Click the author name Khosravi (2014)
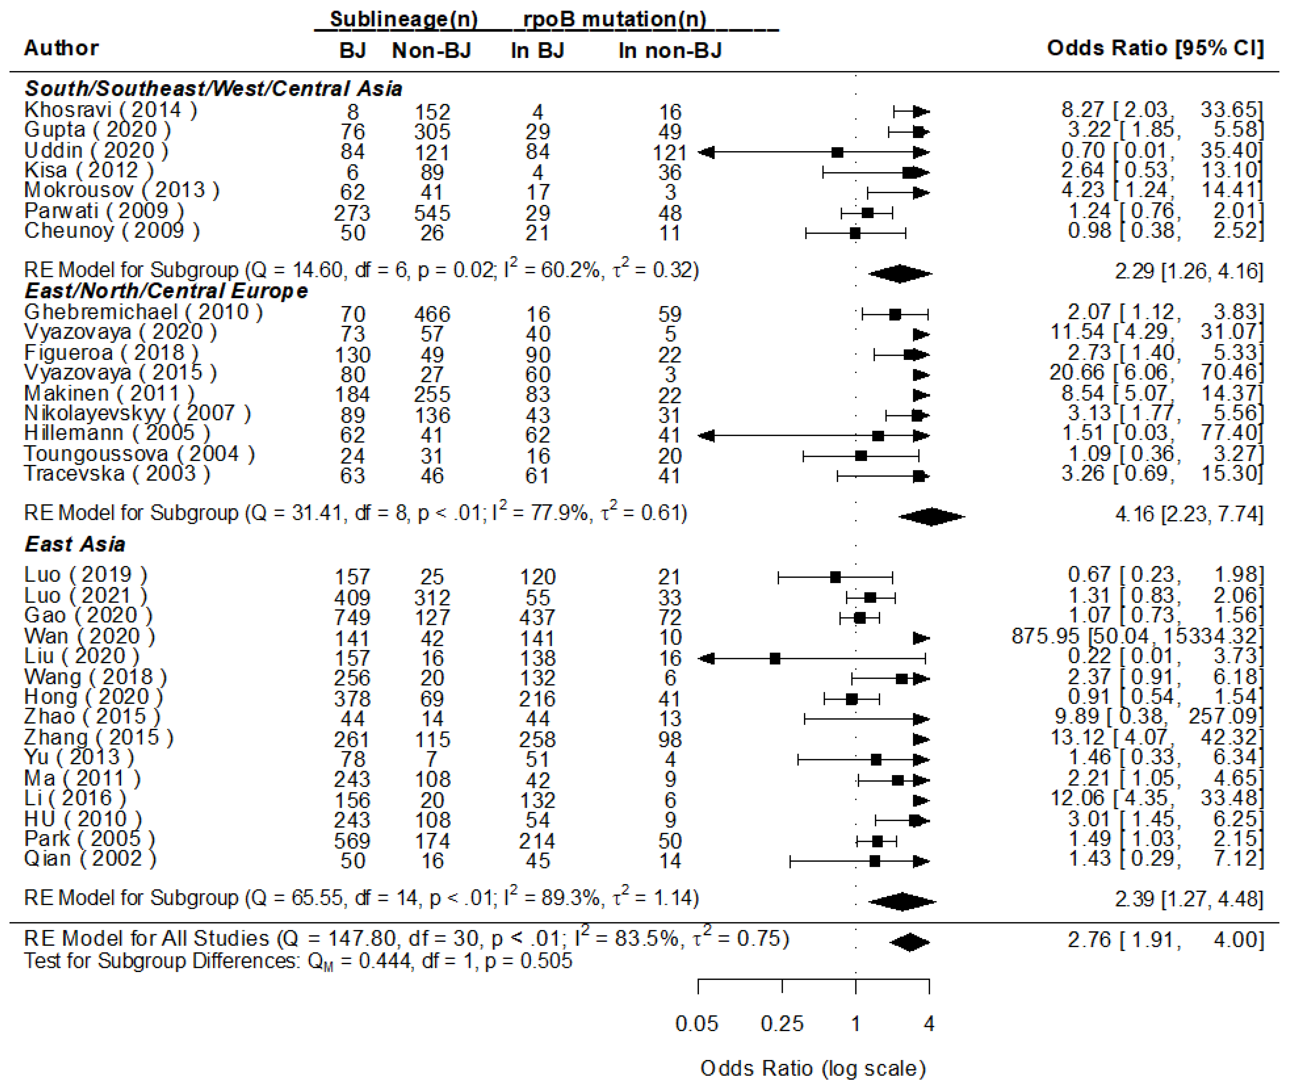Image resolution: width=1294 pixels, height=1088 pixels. tap(111, 110)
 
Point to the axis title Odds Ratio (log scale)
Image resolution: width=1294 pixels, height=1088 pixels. tap(813, 1068)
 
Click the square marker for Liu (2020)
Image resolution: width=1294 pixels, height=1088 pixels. tap(775, 658)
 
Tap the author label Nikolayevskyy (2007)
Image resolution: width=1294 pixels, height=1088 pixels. tap(137, 413)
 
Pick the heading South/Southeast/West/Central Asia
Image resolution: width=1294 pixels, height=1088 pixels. tap(213, 89)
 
